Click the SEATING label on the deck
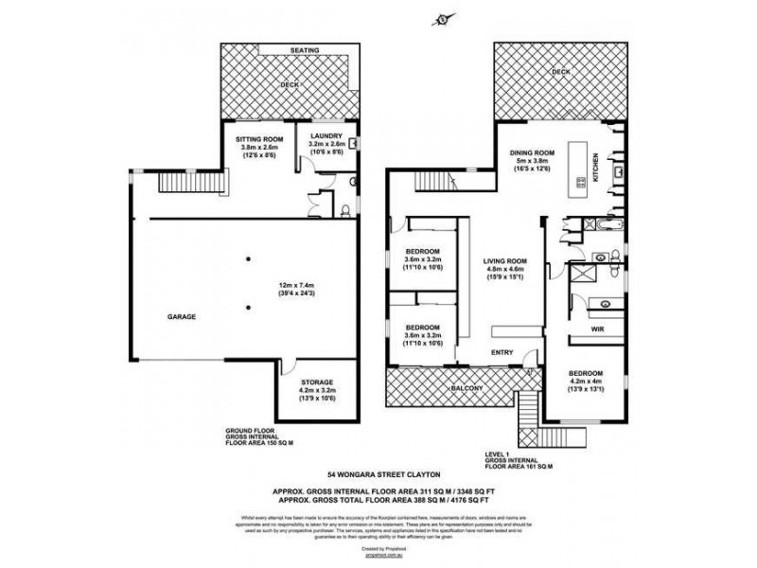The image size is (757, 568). coord(306,51)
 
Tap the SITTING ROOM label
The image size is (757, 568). coord(257,138)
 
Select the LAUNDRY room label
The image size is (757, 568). coord(326,135)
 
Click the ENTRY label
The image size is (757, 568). coord(502,353)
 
